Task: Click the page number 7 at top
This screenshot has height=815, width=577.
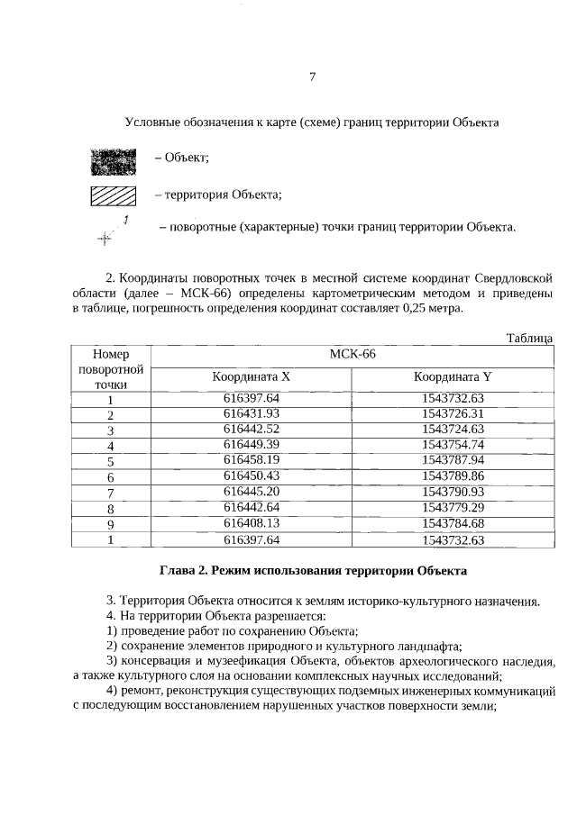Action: tap(312, 77)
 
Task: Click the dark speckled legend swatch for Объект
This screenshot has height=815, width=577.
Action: tap(113, 160)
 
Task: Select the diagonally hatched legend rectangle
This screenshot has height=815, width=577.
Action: tap(113, 195)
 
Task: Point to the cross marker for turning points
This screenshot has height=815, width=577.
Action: tap(105, 238)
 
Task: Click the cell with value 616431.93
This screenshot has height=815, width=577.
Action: tap(252, 413)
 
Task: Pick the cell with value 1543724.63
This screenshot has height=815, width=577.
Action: tap(453, 429)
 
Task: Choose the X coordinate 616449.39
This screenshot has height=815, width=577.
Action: tap(252, 445)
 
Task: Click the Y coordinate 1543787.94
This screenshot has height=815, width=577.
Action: tap(453, 460)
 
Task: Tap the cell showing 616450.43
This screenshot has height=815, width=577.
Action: tap(252, 475)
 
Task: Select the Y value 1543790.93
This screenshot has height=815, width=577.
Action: tap(453, 492)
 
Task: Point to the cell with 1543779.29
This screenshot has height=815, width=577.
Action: tap(453, 507)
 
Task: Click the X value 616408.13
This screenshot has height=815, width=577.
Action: tap(252, 523)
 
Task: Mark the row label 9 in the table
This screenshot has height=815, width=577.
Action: tap(110, 524)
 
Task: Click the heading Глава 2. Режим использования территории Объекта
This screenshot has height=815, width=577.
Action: tap(312, 571)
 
